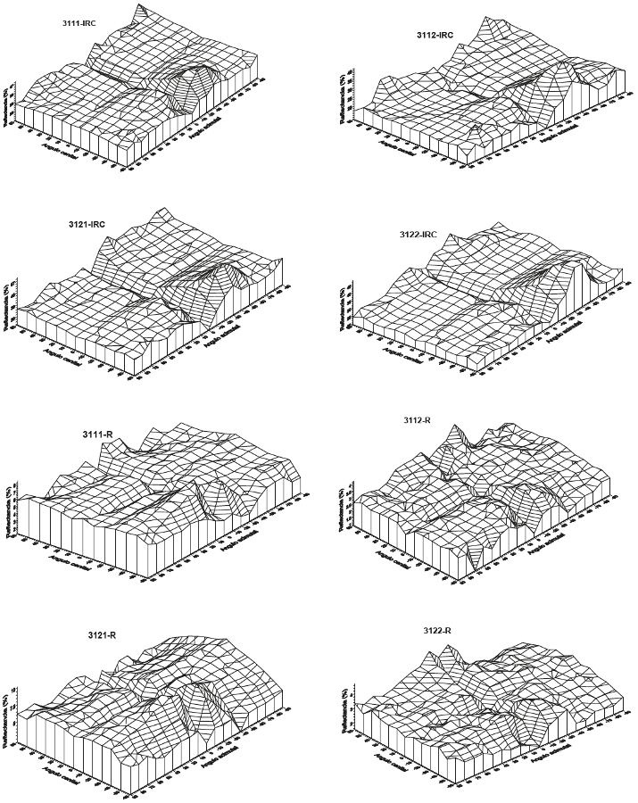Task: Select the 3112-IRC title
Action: click(x=435, y=35)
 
